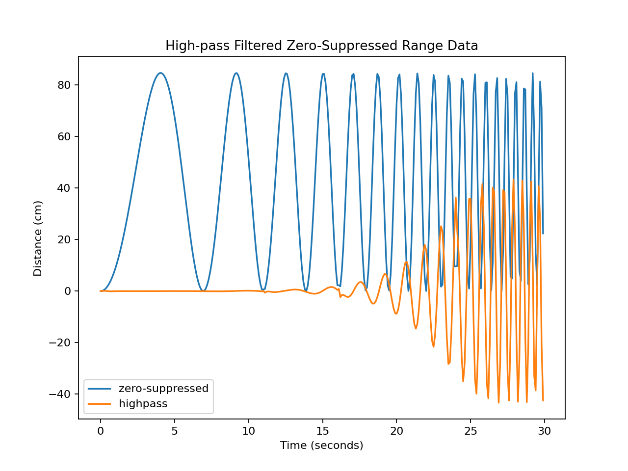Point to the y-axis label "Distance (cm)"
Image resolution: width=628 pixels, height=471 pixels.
pos(38,238)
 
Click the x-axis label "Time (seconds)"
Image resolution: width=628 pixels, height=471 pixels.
pos(321,445)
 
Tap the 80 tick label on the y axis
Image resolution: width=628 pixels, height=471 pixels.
pos(64,85)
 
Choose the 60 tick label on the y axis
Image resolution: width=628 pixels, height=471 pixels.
pos(64,136)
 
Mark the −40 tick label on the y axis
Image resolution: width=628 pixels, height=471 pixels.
pos(60,394)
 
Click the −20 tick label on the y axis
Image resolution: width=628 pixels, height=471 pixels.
pos(60,342)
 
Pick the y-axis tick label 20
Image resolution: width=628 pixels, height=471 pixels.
pos(64,239)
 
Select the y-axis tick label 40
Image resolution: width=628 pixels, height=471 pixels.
pos(64,188)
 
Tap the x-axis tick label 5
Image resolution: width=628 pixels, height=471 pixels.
pos(174,431)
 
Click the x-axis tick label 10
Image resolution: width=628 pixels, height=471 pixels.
pos(248,431)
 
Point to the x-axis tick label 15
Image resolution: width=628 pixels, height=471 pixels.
pos(322,431)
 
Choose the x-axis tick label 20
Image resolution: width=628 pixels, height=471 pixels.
pos(396,431)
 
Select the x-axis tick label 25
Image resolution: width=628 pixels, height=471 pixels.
pos(471,431)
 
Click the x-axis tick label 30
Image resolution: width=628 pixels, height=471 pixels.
pos(544,431)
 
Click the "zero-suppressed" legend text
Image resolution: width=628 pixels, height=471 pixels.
pos(163,389)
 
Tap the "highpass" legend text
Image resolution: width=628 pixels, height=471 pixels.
pos(143,404)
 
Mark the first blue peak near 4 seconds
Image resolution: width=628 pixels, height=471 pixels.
pos(160,73)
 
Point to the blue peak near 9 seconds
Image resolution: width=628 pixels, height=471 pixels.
pos(236,73)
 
